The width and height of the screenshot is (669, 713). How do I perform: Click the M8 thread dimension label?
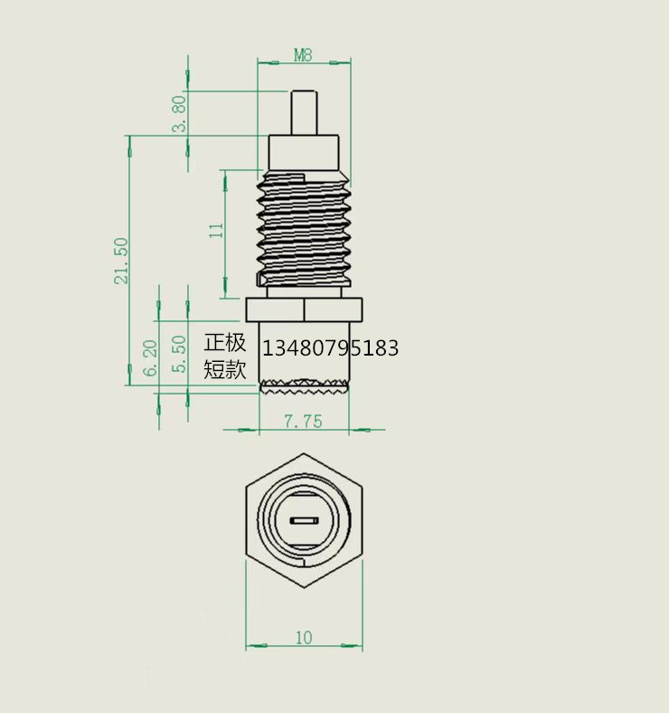click(303, 55)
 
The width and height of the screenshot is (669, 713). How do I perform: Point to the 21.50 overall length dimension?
click(121, 261)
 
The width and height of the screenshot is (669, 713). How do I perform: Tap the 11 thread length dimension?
click(216, 230)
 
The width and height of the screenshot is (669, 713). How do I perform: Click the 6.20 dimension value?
click(152, 357)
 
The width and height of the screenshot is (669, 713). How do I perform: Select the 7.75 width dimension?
click(303, 421)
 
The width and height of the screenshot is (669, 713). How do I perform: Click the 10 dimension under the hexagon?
click(303, 637)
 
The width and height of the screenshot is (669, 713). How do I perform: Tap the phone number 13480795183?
click(330, 347)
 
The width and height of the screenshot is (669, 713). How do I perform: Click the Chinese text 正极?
click(225, 343)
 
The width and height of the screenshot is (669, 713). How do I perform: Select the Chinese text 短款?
click(225, 369)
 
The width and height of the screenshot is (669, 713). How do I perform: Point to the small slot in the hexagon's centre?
click(304, 521)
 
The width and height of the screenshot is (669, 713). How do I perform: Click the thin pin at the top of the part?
click(304, 113)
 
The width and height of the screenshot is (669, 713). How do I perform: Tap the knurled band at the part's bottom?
click(304, 387)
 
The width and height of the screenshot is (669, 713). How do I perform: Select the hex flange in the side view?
click(304, 309)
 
